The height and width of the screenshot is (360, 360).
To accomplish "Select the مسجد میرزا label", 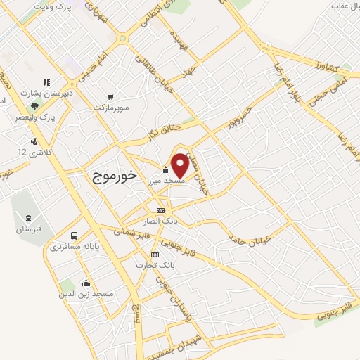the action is (164, 181).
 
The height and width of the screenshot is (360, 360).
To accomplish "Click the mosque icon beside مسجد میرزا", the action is (165, 169).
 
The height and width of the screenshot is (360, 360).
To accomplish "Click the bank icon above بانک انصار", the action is (160, 210).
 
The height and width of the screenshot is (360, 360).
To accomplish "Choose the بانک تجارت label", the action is (156, 265).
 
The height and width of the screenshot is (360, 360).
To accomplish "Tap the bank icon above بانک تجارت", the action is (155, 254).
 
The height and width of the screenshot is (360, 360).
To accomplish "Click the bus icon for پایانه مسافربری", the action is (74, 236).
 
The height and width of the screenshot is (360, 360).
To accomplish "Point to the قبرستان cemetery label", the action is (29, 230).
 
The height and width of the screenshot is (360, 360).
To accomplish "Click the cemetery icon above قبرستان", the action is (28, 218).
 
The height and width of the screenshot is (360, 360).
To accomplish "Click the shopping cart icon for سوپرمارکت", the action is (110, 97).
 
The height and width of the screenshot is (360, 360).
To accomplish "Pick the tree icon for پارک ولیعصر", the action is (34, 105).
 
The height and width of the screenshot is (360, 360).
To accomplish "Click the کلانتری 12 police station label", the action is (32, 151).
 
